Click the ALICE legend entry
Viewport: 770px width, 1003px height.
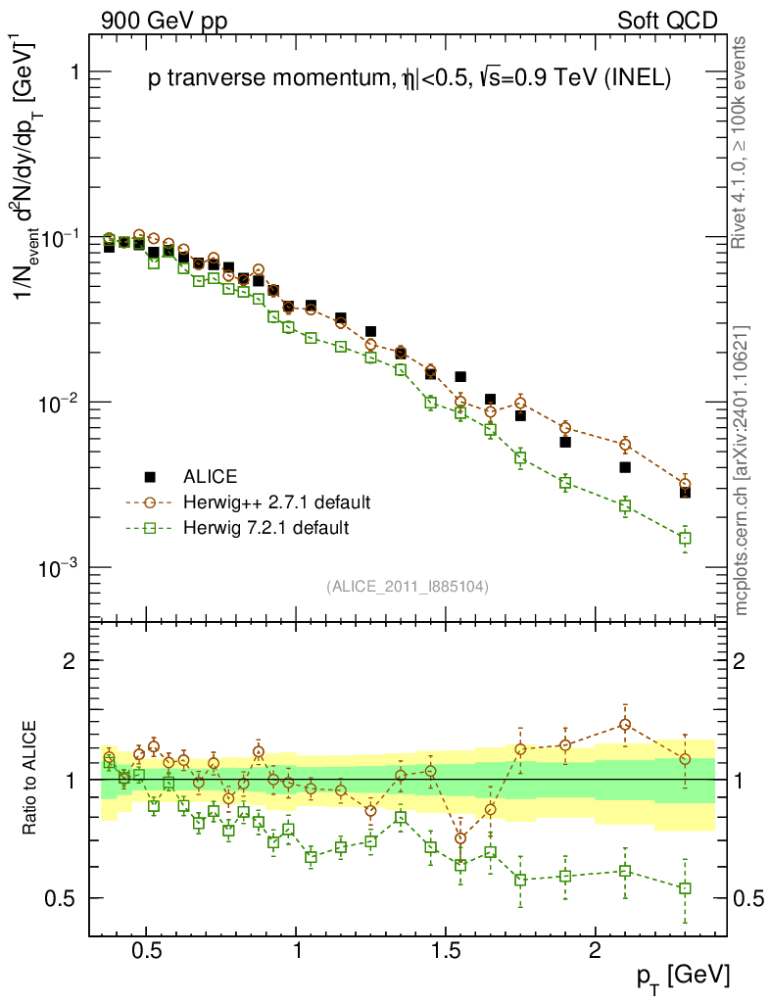(x=210, y=477)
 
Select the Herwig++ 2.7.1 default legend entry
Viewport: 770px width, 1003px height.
(x=274, y=502)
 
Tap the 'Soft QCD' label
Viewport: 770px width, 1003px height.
(x=667, y=21)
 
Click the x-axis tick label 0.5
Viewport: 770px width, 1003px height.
(x=147, y=951)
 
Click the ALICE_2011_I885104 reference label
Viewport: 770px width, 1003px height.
(x=408, y=586)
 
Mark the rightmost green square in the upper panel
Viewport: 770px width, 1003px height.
(x=685, y=538)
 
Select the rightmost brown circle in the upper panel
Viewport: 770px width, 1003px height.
(x=685, y=484)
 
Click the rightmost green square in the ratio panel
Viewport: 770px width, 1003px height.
(x=685, y=888)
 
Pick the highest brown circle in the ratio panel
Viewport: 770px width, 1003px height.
(x=625, y=725)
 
